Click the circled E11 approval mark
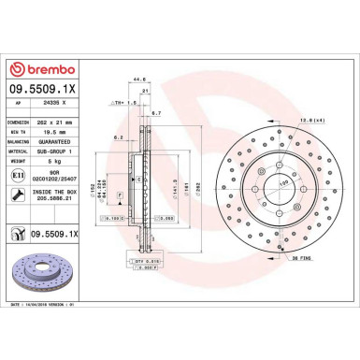pos(20,175)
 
